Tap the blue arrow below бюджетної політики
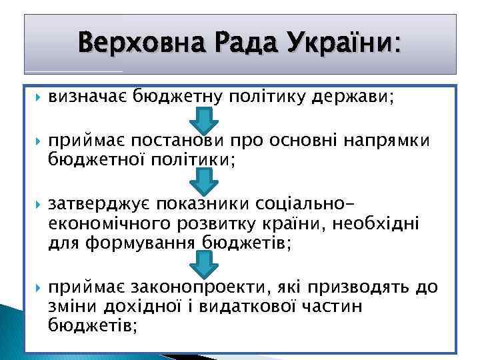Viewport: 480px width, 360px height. click(205, 181)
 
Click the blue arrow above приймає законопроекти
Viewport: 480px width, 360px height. click(205, 264)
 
